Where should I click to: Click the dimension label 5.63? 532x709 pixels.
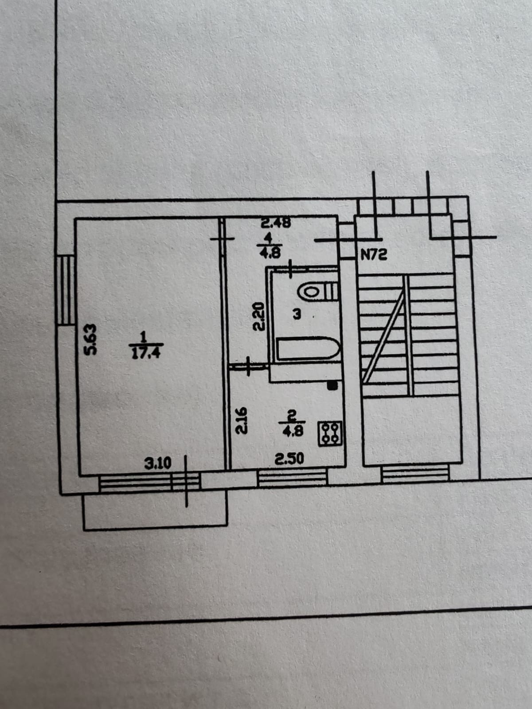pyautogui.click(x=90, y=339)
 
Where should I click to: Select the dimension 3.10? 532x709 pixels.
pyautogui.click(x=158, y=464)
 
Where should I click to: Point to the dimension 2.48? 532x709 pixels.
pyautogui.click(x=275, y=223)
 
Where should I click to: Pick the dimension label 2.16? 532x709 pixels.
pyautogui.click(x=241, y=421)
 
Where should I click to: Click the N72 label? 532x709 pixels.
pyautogui.click(x=375, y=255)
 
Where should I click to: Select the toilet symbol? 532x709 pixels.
pyautogui.click(x=318, y=291)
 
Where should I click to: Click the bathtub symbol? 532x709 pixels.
pyautogui.click(x=308, y=349)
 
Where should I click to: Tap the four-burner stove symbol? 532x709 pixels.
pyautogui.click(x=330, y=433)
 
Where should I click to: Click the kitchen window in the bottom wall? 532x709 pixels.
pyautogui.click(x=293, y=479)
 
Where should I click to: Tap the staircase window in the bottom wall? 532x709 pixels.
pyautogui.click(x=415, y=475)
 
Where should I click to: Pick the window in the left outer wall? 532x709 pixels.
pyautogui.click(x=66, y=290)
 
